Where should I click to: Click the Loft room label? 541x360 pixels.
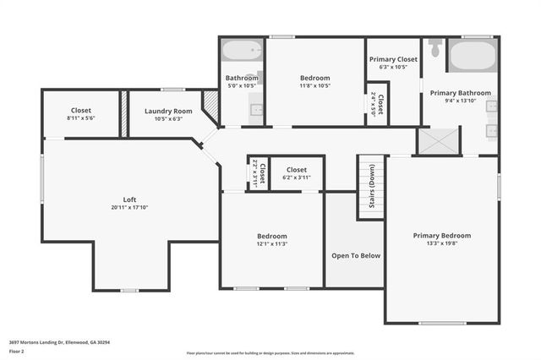click(x=129, y=199)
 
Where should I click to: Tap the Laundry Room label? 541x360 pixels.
click(x=168, y=111)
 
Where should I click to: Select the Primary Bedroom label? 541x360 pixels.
click(x=441, y=235)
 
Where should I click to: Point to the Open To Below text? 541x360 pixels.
click(x=355, y=255)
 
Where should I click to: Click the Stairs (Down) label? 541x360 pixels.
click(x=371, y=186)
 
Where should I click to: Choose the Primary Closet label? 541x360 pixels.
click(x=393, y=59)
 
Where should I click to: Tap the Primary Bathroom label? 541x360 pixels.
click(x=459, y=92)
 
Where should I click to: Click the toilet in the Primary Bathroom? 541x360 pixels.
click(x=435, y=47)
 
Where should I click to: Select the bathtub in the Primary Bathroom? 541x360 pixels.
click(x=472, y=56)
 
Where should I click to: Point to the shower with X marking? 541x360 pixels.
click(x=438, y=140)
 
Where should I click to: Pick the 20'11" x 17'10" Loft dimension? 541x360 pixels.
click(x=129, y=208)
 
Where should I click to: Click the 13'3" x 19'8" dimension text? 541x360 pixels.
click(x=441, y=243)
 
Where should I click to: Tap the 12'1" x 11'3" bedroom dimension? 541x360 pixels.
click(x=272, y=244)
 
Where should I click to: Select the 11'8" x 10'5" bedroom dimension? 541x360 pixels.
click(x=314, y=85)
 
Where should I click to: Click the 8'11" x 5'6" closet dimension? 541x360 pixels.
click(x=81, y=118)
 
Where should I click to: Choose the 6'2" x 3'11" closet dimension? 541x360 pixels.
click(x=296, y=177)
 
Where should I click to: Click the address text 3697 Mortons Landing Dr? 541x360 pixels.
click(x=59, y=342)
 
